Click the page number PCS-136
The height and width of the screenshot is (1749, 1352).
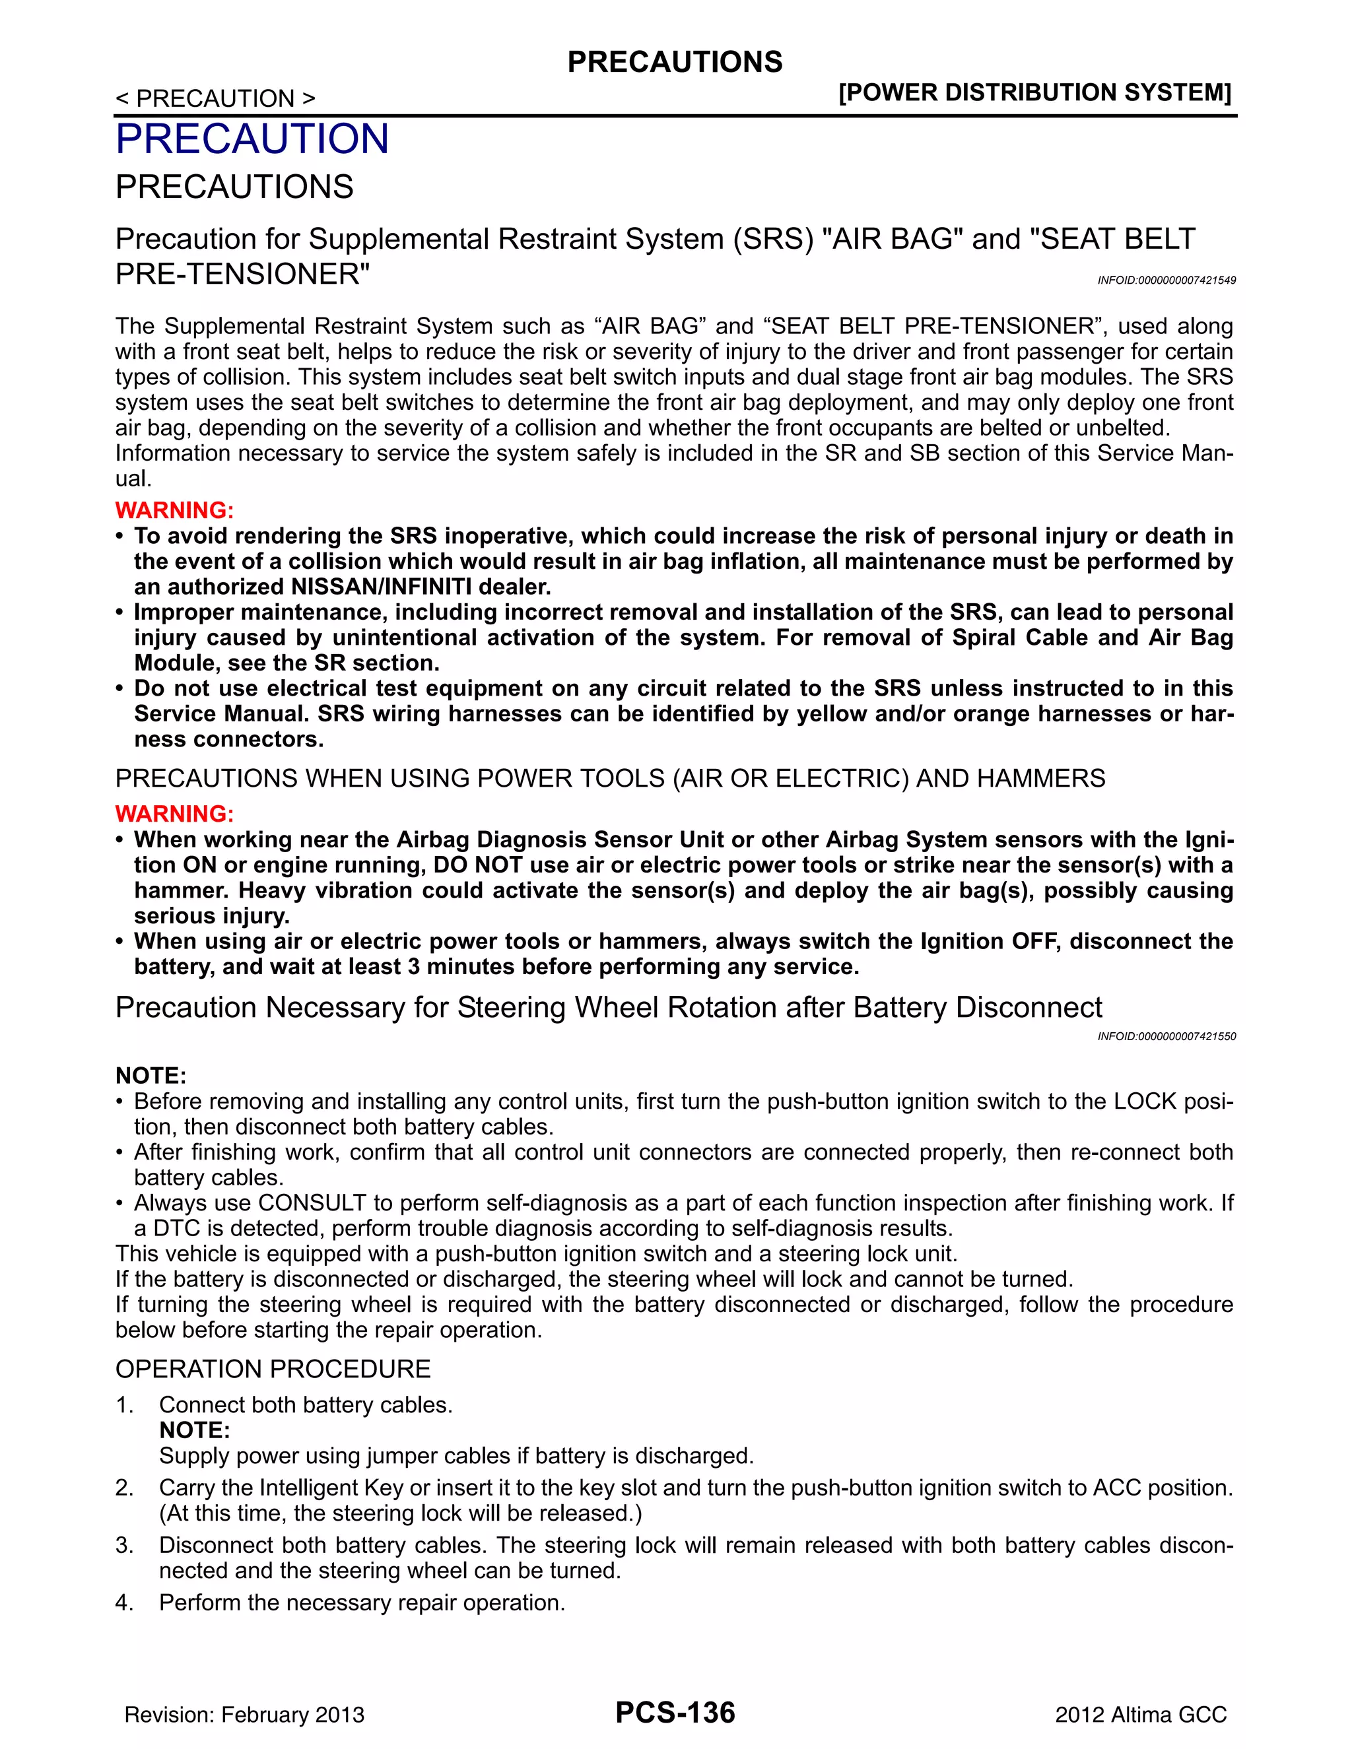(x=675, y=1712)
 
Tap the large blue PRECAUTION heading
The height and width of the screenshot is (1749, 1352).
(x=252, y=139)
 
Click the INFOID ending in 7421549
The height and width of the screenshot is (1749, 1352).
(x=1166, y=280)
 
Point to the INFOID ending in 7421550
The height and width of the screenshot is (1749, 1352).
(x=1166, y=1036)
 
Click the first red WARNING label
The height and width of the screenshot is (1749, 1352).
(x=174, y=510)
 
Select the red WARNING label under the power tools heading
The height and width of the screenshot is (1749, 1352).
(x=174, y=814)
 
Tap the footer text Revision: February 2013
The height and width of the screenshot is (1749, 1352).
(x=244, y=1715)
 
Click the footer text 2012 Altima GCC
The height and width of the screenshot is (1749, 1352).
(x=1141, y=1715)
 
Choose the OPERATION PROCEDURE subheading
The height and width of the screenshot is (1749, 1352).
(x=273, y=1369)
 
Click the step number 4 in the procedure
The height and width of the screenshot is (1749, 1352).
(x=123, y=1602)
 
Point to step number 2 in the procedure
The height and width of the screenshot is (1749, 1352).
(x=123, y=1487)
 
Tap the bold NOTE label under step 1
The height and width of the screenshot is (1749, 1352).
(x=195, y=1430)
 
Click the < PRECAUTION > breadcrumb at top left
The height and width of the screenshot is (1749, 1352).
(x=215, y=98)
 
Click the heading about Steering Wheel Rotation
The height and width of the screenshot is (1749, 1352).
(x=609, y=1007)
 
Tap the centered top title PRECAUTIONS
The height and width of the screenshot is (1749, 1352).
(x=675, y=63)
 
